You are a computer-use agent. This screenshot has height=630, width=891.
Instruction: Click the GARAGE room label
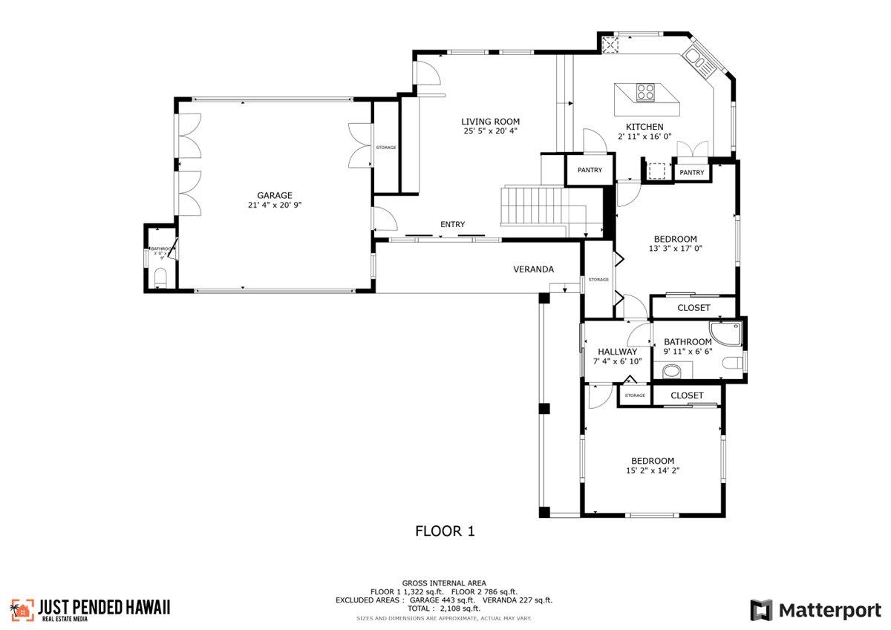[x=275, y=195]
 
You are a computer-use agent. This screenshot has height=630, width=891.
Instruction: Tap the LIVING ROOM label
[x=490, y=122]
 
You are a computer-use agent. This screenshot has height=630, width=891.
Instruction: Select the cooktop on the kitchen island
[x=645, y=93]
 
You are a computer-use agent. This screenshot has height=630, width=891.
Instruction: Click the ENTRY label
[x=452, y=224]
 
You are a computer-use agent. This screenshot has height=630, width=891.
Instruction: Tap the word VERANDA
[x=533, y=269]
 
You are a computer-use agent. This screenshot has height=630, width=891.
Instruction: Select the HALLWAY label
[x=617, y=352]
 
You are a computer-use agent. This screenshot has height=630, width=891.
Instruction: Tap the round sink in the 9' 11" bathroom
[x=671, y=370]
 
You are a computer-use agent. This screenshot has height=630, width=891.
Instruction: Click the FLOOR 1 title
[x=444, y=531]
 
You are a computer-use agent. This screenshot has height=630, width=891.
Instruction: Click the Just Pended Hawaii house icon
[x=22, y=609]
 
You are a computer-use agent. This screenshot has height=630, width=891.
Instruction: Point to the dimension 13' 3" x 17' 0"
[x=675, y=249]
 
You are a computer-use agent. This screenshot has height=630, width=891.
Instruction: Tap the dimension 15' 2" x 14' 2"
[x=653, y=470]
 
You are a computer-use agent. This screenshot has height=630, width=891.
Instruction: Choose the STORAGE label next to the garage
[x=385, y=148]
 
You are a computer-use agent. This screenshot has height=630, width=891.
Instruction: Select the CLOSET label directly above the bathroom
[x=693, y=307]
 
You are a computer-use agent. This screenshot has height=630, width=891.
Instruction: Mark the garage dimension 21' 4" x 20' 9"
[x=275, y=205]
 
